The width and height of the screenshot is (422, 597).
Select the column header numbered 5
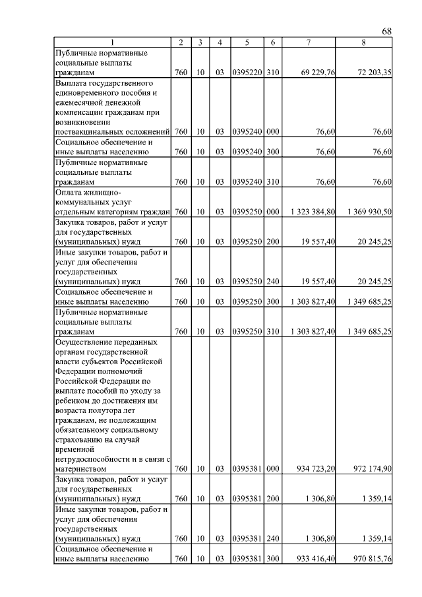pyautogui.click(x=246, y=43)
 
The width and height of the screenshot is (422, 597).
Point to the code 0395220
pyautogui.click(x=246, y=71)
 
